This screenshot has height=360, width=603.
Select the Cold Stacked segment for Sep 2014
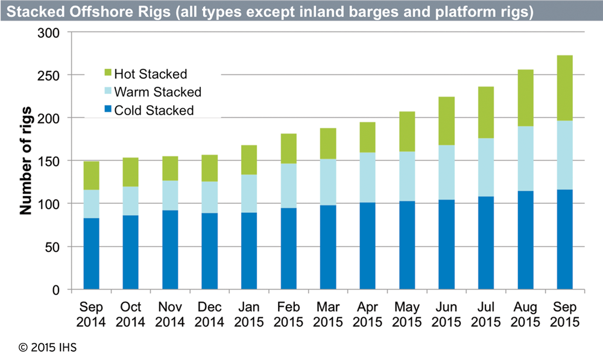91,254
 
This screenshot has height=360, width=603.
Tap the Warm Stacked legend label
157,92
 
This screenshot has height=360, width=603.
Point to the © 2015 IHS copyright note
47,348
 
